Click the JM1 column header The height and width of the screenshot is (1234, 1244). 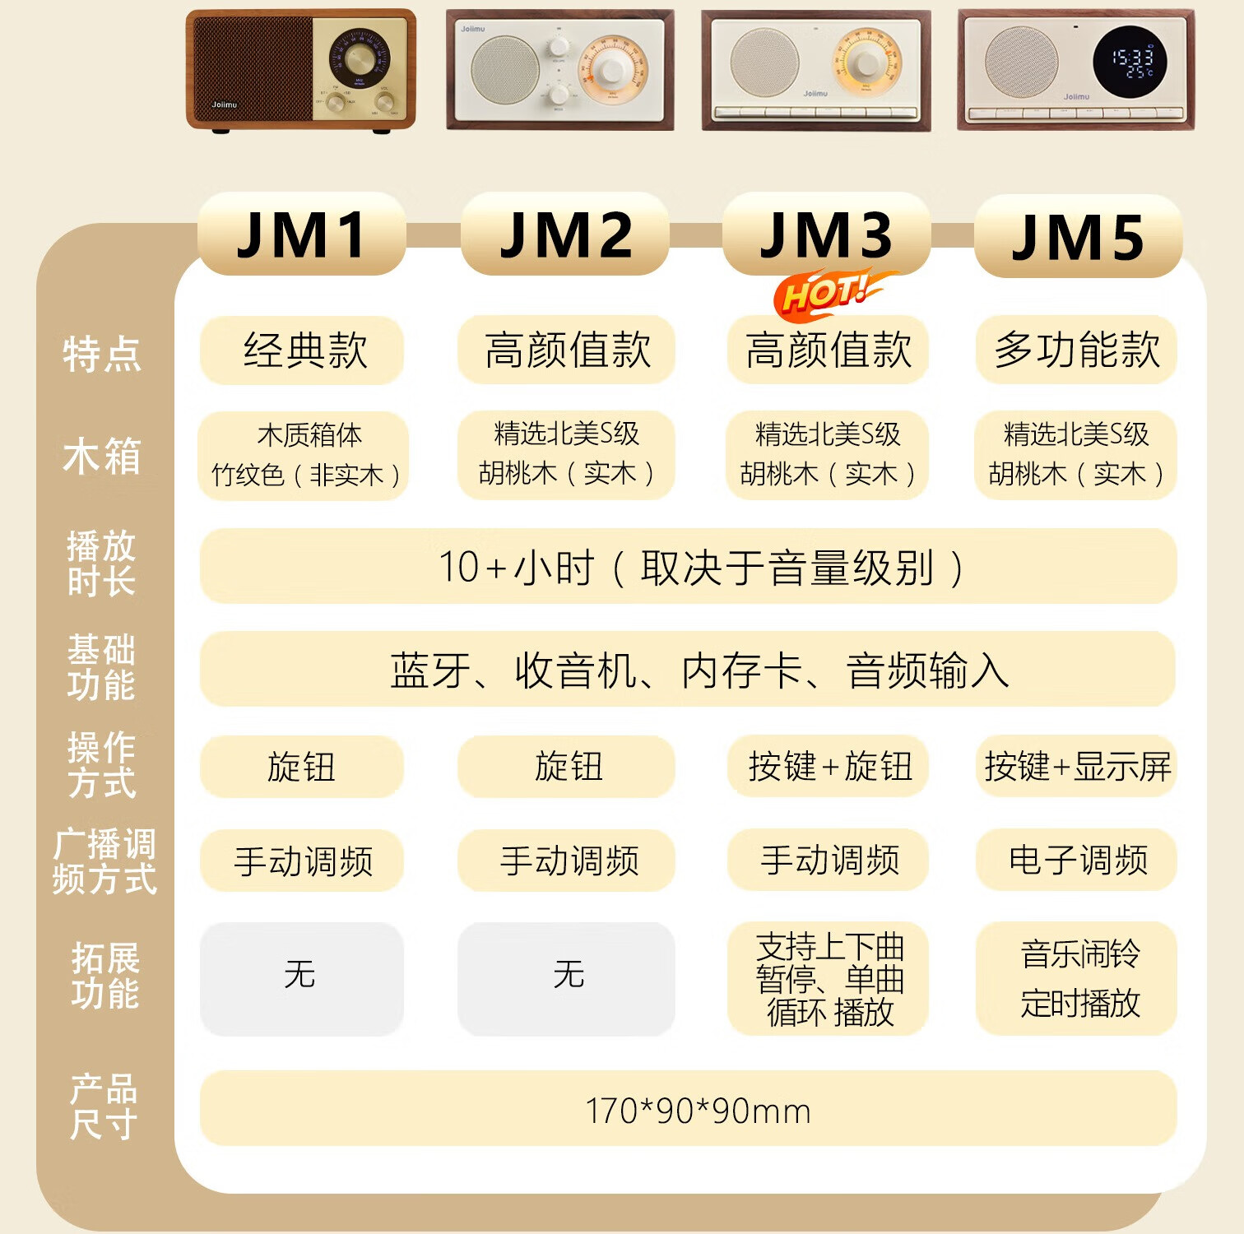pyautogui.click(x=301, y=235)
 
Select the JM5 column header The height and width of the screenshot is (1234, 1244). pyautogui.click(x=1078, y=237)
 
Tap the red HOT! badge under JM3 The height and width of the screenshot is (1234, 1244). pyautogui.click(x=827, y=293)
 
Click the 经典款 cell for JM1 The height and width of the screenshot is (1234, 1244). pyautogui.click(x=303, y=350)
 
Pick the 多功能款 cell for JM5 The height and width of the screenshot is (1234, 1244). pyautogui.click(x=1076, y=350)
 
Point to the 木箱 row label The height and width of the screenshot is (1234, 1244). pyautogui.click(x=102, y=456)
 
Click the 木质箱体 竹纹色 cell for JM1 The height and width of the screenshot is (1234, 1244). pyautogui.click(x=304, y=455)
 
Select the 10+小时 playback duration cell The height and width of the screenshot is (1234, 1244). pyautogui.click(x=688, y=567)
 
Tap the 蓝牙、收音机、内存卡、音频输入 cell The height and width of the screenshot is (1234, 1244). pyautogui.click(x=688, y=670)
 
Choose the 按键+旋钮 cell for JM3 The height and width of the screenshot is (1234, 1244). pyautogui.click(x=829, y=767)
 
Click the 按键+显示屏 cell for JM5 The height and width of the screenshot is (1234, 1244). pyautogui.click(x=1076, y=767)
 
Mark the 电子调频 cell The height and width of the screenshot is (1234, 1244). pyautogui.click(x=1076, y=861)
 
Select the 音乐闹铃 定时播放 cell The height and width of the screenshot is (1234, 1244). pyautogui.click(x=1076, y=979)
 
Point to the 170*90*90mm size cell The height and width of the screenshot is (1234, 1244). pyautogui.click(x=688, y=1110)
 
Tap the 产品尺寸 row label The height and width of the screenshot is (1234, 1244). pyautogui.click(x=104, y=1106)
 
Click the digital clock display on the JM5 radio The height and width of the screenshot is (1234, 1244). pyautogui.click(x=1129, y=62)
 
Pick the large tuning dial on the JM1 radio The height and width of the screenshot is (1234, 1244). pyautogui.click(x=358, y=59)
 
